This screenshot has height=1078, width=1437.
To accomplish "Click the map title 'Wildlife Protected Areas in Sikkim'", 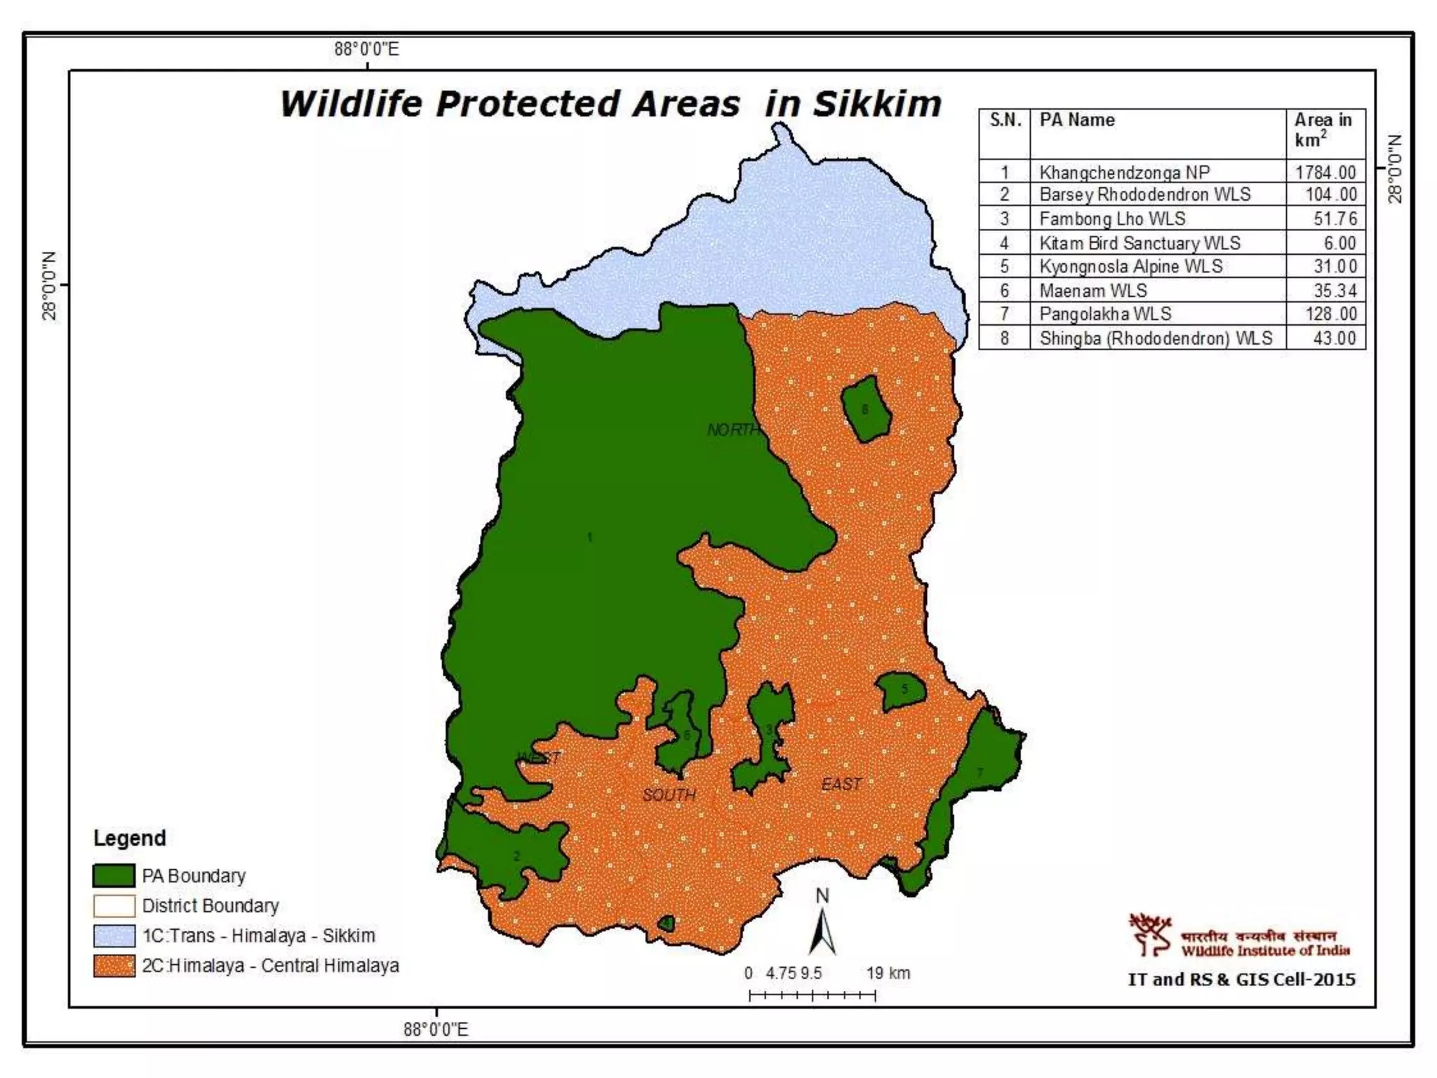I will pos(610,104).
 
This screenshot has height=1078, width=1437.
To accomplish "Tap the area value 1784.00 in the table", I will pos(1325,172).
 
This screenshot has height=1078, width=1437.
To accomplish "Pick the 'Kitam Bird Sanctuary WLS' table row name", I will pos(1139,243).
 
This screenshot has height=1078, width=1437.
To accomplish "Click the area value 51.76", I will pos(1335,218).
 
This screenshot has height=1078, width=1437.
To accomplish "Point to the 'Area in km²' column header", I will pos(1323,130).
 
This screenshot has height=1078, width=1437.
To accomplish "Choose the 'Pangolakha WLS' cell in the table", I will pos(1105,314).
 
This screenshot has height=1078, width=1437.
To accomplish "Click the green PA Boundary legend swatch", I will pos(114,876).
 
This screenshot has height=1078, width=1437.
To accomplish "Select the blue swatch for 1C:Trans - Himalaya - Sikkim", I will pos(114,936).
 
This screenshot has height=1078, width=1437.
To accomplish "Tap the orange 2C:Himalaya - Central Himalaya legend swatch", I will pos(114,966).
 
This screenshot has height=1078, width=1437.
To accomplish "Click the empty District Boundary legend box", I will pos(114,906).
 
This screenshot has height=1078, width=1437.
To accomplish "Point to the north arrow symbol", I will pos(822,928).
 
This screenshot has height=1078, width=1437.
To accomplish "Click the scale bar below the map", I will pos(813,994).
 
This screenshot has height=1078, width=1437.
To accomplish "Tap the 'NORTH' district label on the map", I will pos(733,430).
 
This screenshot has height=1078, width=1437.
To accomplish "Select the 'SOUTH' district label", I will pos(669,794).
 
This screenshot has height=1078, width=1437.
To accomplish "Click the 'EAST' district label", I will pos(841,784).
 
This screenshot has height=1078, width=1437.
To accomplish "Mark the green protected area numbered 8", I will pos(867,409).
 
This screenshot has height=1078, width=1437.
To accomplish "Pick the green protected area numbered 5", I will pos(902,691).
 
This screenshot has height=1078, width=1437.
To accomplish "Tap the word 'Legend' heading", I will pos(130,838).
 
